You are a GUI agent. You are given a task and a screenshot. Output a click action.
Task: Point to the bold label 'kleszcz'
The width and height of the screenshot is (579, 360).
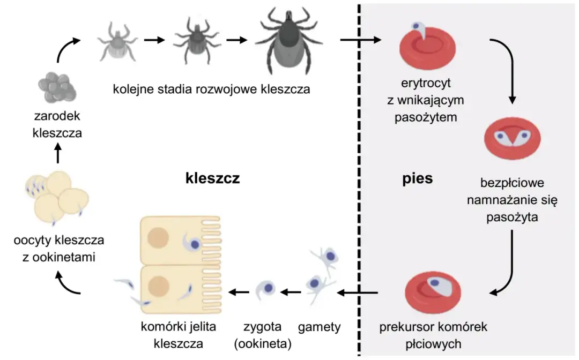point(212,178)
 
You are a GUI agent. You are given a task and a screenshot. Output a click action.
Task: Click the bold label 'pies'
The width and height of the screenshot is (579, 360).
point(417,178)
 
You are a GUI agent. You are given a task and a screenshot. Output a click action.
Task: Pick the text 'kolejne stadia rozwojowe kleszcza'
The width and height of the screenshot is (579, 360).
point(211,89)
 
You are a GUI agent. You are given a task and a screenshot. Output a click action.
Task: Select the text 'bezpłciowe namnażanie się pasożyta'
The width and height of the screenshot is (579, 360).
point(512,200)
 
